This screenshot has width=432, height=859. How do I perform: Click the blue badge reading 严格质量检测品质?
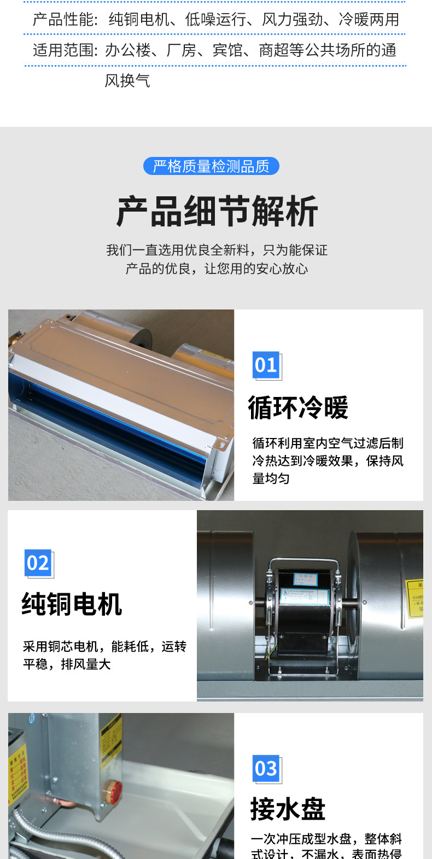[x=211, y=166]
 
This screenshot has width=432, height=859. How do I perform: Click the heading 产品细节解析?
[x=217, y=212]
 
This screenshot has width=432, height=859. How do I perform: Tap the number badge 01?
[x=266, y=365]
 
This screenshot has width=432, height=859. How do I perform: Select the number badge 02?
[x=38, y=563]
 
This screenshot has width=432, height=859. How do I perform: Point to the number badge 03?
[x=266, y=769]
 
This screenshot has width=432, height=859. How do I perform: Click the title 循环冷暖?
[x=298, y=408]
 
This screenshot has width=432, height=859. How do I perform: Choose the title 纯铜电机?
[x=72, y=604]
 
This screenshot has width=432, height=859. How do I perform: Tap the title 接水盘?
[x=288, y=809]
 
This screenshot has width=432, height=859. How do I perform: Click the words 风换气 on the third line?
[x=127, y=81]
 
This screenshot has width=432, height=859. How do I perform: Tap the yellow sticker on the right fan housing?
[x=416, y=598]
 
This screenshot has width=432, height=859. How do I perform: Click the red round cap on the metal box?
[x=115, y=788]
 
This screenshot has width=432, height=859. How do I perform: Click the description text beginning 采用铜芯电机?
[x=104, y=655]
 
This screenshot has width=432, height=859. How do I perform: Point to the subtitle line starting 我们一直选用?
[x=217, y=250]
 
